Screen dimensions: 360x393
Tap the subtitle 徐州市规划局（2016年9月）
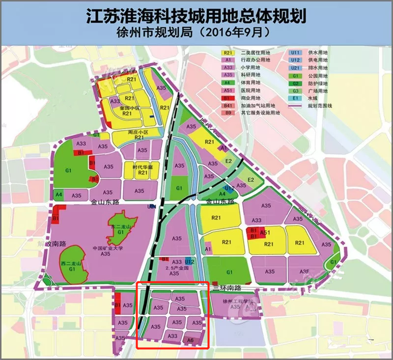[196, 33]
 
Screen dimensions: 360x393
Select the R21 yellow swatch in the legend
[227, 52]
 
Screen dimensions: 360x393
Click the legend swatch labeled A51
[227, 91]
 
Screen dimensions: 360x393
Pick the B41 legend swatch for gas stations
[227, 106]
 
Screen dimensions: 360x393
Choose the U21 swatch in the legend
[295, 68]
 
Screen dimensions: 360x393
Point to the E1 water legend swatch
[295, 98]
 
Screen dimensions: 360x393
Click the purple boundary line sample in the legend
[295, 106]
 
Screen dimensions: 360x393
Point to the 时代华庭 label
[142, 166]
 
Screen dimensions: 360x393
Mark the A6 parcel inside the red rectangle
[189, 338]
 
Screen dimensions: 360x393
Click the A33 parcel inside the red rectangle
[172, 336]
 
